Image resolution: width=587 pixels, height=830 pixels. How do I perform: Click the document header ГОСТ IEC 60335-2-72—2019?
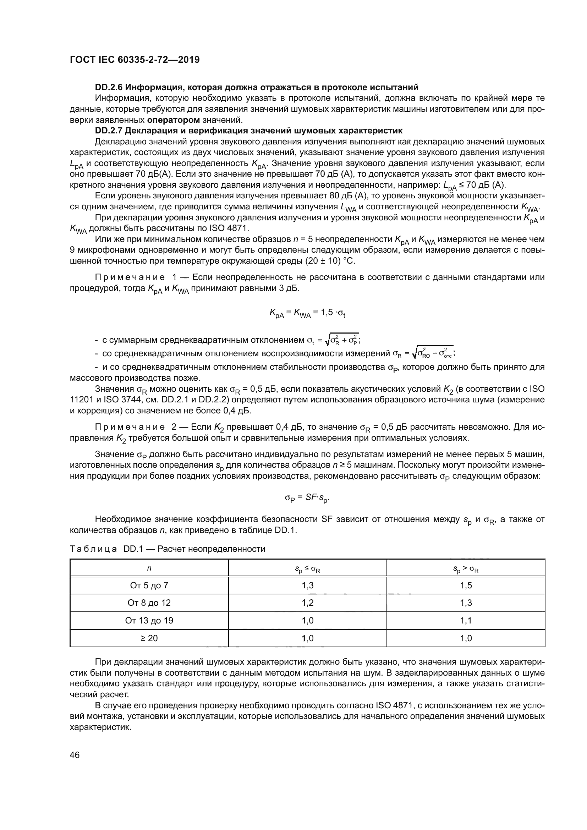pyautogui.click(x=135, y=60)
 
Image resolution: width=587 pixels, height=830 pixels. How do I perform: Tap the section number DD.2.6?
pyautogui.click(x=109, y=87)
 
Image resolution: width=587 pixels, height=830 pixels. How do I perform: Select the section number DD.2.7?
pyautogui.click(x=109, y=131)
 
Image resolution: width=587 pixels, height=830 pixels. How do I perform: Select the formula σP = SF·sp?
pyautogui.click(x=307, y=498)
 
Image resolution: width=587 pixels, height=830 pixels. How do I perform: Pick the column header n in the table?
pyautogui.click(x=149, y=568)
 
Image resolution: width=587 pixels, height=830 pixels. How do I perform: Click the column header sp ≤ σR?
pyautogui.click(x=307, y=569)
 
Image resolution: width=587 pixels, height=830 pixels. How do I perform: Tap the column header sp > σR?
pyautogui.click(x=466, y=569)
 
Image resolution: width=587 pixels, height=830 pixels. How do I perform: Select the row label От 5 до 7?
pyautogui.click(x=149, y=585)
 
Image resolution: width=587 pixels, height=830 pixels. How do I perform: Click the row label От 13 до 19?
pyautogui.click(x=149, y=620)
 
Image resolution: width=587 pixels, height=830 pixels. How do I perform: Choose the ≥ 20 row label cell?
pyautogui.click(x=149, y=638)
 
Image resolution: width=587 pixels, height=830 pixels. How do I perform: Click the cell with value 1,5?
pyautogui.click(x=466, y=585)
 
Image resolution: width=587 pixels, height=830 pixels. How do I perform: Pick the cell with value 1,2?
pyautogui.click(x=307, y=603)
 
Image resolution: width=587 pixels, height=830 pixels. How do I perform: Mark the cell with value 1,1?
pyautogui.click(x=466, y=620)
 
